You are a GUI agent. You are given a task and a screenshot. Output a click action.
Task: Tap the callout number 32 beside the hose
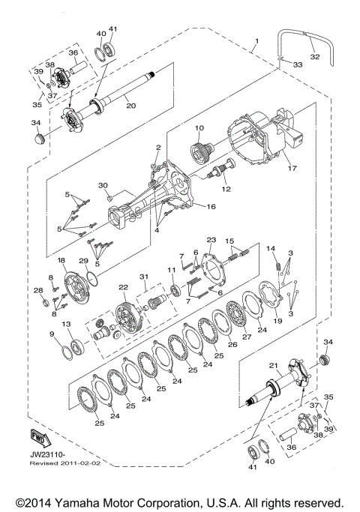pyautogui.click(x=314, y=55)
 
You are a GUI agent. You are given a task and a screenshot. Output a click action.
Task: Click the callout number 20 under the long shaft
pyautogui.click(x=130, y=105)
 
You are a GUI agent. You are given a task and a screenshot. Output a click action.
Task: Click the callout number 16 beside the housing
pyautogui.click(x=211, y=206)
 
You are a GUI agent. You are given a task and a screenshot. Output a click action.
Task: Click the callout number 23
pyautogui.click(x=211, y=240)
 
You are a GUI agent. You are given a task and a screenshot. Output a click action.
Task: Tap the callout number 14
pyautogui.click(x=271, y=248)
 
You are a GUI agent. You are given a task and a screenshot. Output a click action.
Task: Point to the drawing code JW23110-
pyautogui.click(x=47, y=455)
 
